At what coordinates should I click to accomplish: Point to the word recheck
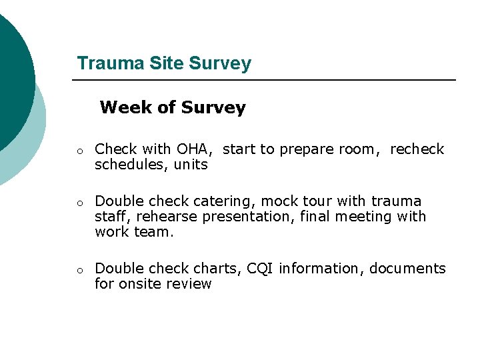(417, 149)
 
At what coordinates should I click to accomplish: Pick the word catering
(227, 201)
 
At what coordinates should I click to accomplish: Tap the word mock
(279, 201)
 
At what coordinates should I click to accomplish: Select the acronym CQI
(261, 269)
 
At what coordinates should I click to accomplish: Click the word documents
(407, 269)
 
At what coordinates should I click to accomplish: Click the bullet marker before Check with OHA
(79, 151)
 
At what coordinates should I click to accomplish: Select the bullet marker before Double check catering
(79, 203)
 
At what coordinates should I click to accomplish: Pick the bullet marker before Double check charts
(79, 271)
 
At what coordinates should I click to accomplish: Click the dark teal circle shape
(10, 73)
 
